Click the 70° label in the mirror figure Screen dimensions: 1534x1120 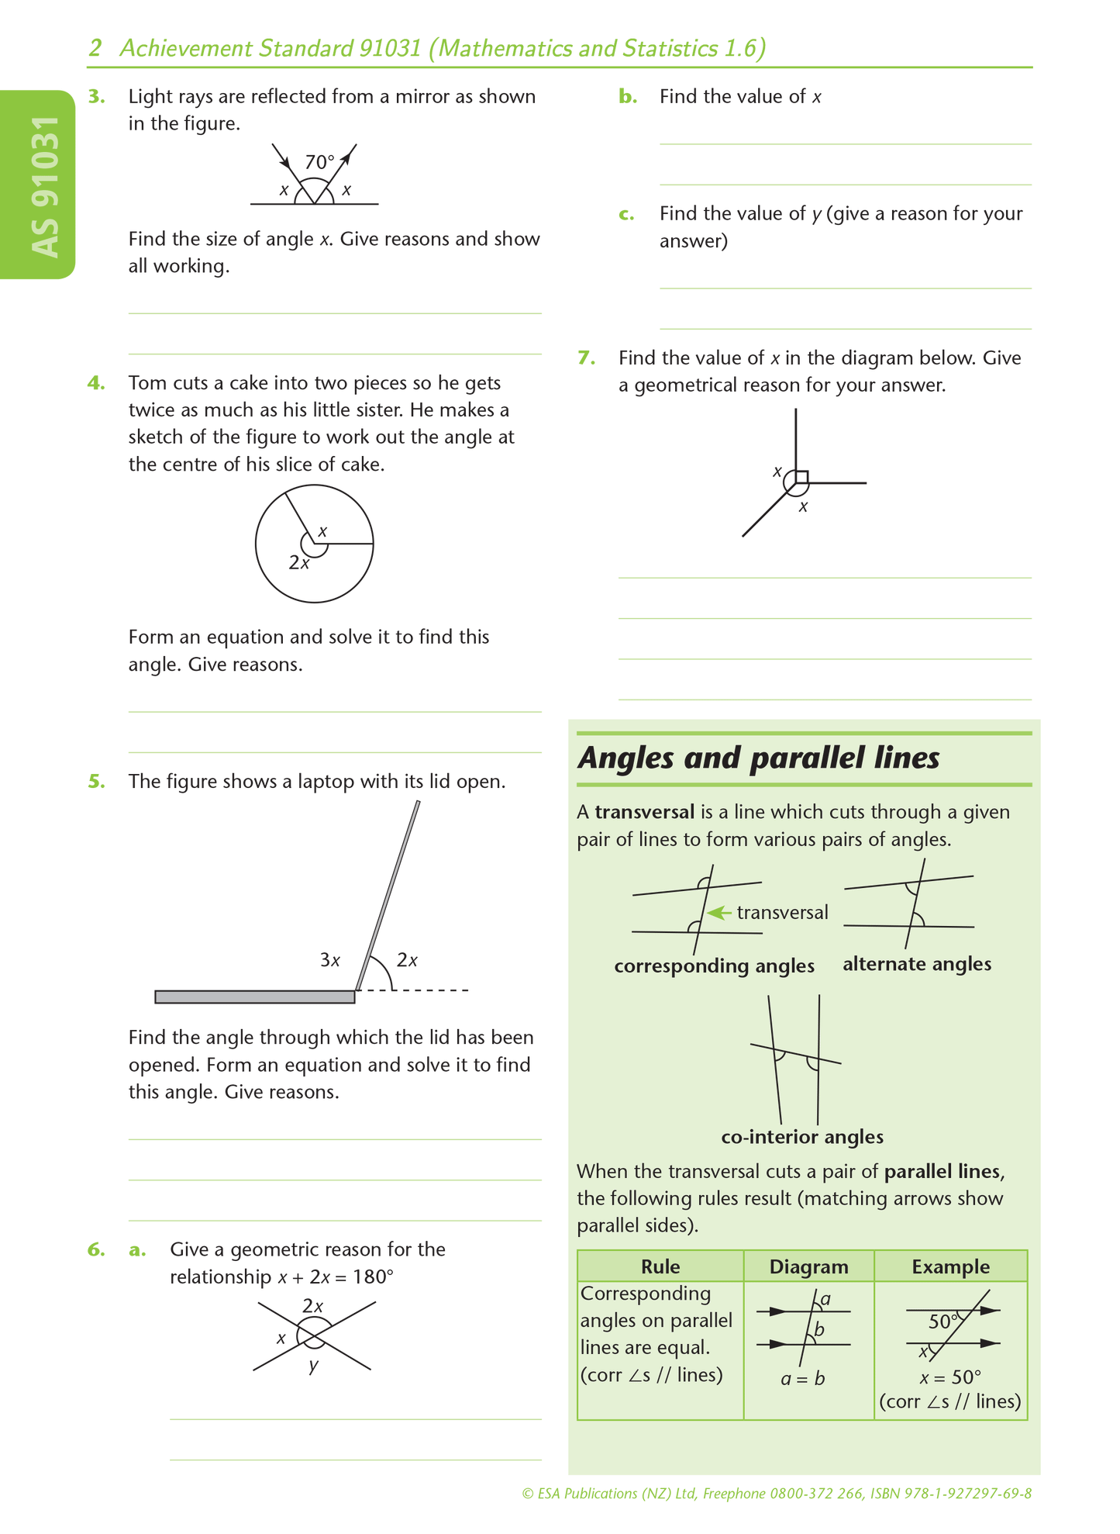click(x=319, y=162)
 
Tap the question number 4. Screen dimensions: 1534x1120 click(x=95, y=383)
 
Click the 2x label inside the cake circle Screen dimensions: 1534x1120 click(x=299, y=563)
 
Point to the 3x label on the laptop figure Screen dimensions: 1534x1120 click(x=330, y=960)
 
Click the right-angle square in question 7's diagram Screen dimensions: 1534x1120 click(x=801, y=477)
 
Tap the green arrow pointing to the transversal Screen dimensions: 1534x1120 click(x=720, y=913)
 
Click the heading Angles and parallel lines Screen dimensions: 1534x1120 click(x=759, y=758)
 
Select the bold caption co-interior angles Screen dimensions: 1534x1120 click(x=802, y=1137)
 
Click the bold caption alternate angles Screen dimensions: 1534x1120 click(x=917, y=964)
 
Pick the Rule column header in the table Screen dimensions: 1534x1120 click(x=660, y=1266)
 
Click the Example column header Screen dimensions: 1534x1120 click(x=950, y=1266)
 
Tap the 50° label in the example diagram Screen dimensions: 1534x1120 click(x=943, y=1322)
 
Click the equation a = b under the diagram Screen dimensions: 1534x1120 click(x=802, y=1379)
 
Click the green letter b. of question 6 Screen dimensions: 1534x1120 click(x=628, y=97)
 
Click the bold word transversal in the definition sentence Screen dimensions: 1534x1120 click(x=644, y=812)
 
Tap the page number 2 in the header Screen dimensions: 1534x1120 click(x=95, y=49)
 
